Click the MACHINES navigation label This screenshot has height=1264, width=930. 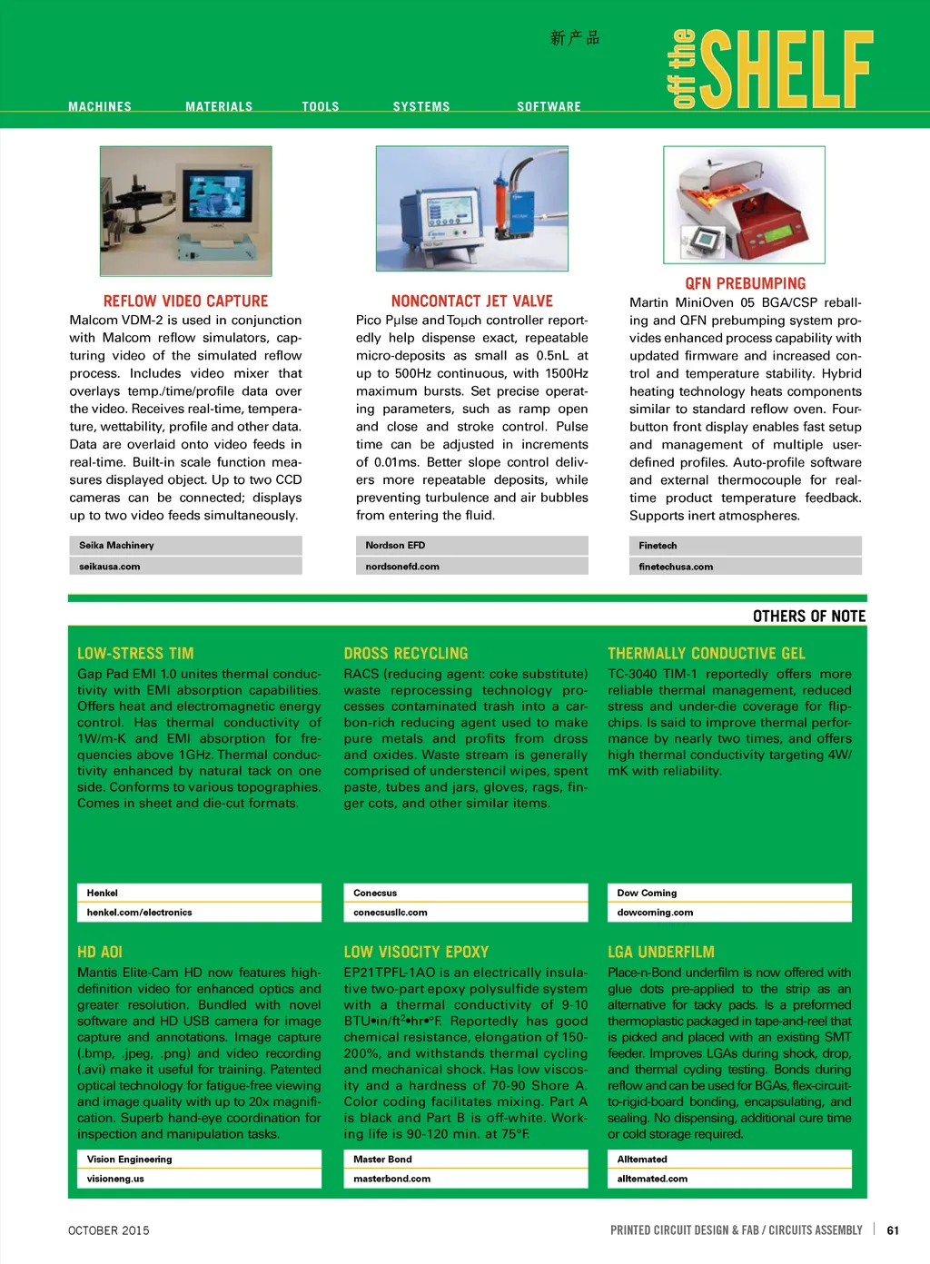100,107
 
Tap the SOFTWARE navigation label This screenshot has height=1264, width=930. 549,107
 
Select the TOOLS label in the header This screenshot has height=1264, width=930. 321,107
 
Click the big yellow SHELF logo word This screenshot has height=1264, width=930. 787,69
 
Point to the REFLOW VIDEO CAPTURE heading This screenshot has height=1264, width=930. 185,301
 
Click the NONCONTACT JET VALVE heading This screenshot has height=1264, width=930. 472,301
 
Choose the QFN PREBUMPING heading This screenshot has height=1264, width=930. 745,283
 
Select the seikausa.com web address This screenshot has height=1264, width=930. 110,567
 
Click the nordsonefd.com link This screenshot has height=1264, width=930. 402,567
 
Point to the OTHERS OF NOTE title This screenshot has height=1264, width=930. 809,617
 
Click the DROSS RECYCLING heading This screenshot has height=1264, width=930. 406,654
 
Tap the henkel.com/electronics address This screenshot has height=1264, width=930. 140,913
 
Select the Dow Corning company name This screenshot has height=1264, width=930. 647,894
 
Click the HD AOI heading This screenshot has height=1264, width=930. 100,953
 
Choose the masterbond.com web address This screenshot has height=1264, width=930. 392,1179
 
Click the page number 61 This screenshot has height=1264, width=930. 893,1230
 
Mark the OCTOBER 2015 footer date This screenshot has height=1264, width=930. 109,1230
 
